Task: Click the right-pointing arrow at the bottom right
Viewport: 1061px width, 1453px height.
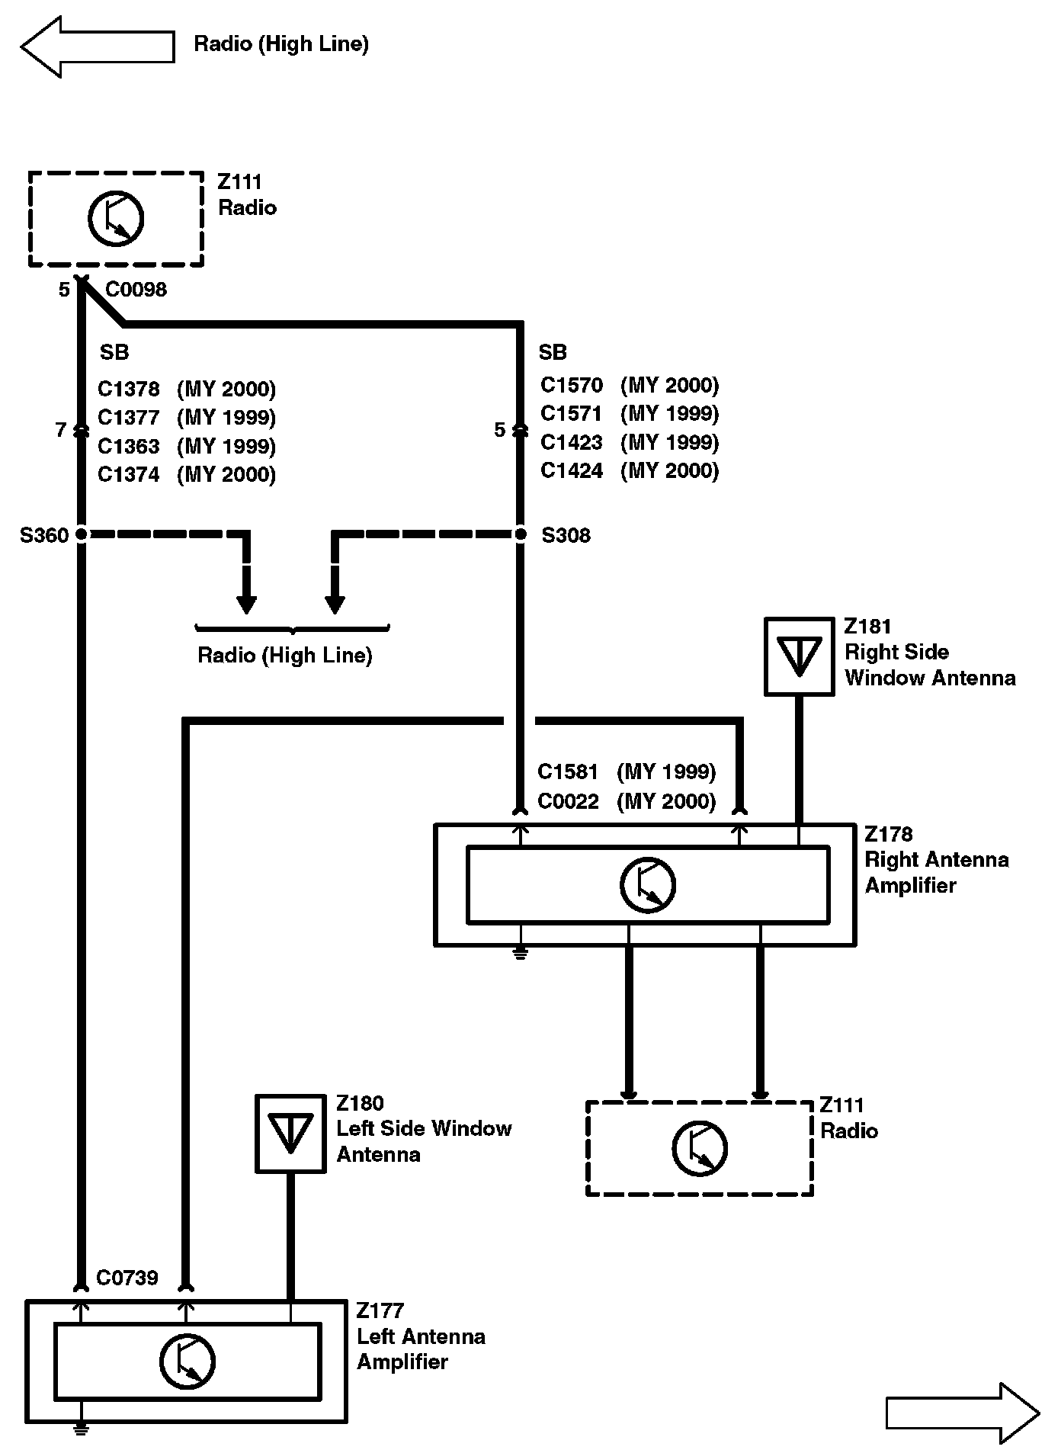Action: [963, 1413]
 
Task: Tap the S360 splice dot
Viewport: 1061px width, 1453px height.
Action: [81, 534]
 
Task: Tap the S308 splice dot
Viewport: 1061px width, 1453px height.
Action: [521, 534]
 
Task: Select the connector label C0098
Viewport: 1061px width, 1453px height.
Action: [136, 290]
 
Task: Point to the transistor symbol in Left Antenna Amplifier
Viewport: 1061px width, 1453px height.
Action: [188, 1362]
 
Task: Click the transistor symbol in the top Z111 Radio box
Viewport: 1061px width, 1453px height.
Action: [116, 219]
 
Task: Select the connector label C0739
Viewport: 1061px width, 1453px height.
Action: [127, 1278]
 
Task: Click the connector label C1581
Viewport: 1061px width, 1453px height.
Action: [568, 772]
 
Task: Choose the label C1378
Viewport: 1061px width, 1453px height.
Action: [129, 390]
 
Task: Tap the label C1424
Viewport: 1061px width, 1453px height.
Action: [572, 471]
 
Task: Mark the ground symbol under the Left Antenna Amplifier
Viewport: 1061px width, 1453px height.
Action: [80, 1428]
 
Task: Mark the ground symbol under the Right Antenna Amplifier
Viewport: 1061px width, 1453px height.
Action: [521, 953]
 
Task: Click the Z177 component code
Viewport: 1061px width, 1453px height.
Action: [380, 1311]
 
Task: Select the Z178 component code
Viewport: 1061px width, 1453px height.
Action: [888, 834]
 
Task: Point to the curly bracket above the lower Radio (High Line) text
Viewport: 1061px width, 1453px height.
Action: [293, 630]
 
